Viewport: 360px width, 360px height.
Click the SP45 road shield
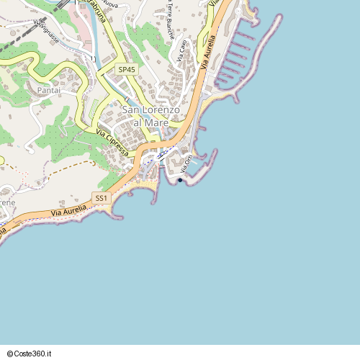[127, 69]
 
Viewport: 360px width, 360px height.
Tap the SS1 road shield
[101, 197]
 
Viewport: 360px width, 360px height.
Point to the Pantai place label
[48, 90]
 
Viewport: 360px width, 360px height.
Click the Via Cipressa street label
[112, 141]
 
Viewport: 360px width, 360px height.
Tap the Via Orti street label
[189, 162]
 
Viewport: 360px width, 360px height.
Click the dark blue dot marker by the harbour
[180, 180]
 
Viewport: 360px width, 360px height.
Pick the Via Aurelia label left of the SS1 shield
[68, 211]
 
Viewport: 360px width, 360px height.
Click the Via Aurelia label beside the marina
[209, 55]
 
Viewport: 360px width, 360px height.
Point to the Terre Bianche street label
[170, 17]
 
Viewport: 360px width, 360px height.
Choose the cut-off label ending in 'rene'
[7, 203]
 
